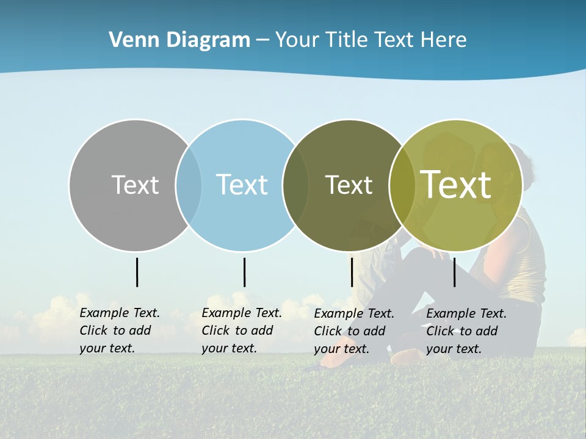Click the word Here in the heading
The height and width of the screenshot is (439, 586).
(x=444, y=40)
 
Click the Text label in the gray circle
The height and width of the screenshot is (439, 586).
(x=135, y=185)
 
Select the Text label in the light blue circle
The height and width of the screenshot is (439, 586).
(x=242, y=185)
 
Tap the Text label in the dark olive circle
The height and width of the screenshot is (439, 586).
(x=349, y=185)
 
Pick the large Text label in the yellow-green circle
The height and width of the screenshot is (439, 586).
(x=455, y=185)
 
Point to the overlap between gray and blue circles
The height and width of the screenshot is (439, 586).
(x=189, y=185)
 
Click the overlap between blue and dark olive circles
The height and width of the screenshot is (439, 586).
(x=295, y=185)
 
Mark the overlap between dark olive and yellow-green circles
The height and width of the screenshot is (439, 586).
(x=402, y=185)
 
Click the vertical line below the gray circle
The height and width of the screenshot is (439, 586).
(x=137, y=272)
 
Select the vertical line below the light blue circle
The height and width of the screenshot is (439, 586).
(x=244, y=272)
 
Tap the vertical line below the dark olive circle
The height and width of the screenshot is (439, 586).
(x=352, y=272)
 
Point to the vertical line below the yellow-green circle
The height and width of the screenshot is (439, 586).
(x=454, y=272)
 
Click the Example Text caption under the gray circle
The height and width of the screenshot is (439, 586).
(x=120, y=330)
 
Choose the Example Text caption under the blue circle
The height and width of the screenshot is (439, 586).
(x=242, y=330)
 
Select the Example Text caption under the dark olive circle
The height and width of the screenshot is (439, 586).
(x=354, y=331)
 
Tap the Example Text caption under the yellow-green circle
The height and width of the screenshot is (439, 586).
(x=466, y=331)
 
